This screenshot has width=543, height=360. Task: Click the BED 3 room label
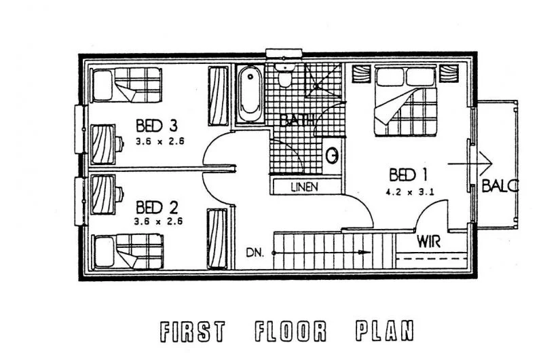157,126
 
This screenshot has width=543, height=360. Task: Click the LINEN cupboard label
304,186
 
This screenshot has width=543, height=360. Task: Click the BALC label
500,185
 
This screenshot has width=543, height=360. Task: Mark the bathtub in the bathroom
249,94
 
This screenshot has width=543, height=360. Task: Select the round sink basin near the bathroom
332,156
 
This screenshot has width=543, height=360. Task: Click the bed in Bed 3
126,84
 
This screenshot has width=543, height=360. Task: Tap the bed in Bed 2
126,252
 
